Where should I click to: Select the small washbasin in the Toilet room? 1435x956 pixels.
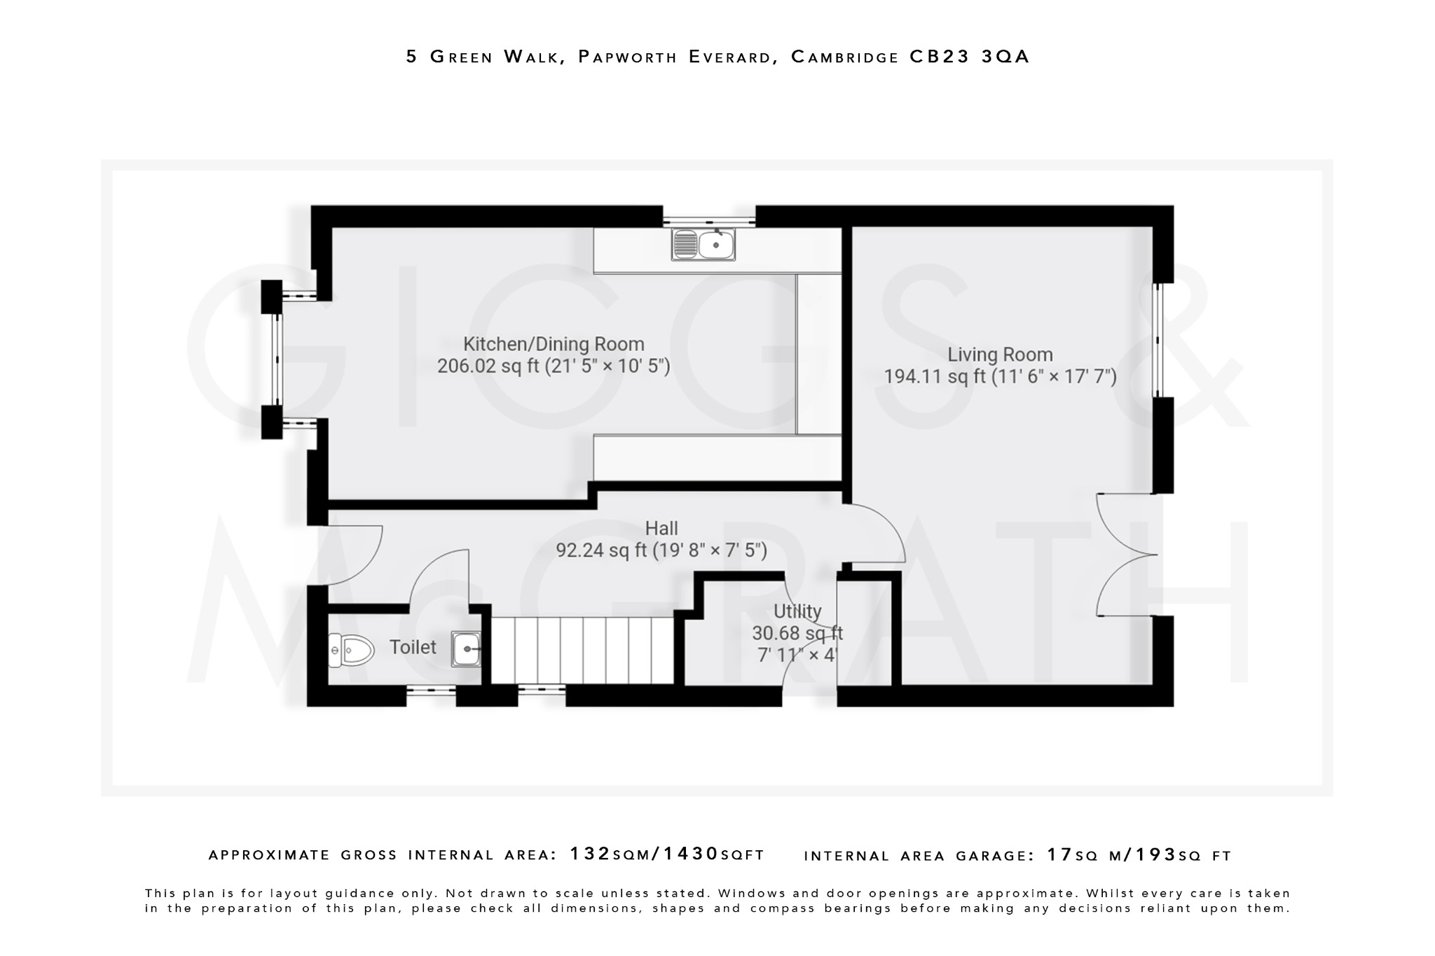click(466, 649)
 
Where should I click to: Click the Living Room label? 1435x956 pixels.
click(1000, 354)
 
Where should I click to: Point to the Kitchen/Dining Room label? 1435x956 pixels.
click(554, 344)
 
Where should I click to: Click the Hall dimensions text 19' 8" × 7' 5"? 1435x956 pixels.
click(710, 550)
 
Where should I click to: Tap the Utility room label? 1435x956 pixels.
click(797, 611)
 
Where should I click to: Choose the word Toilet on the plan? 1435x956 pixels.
click(413, 647)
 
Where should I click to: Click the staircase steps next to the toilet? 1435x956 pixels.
click(582, 650)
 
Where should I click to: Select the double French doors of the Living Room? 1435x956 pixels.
click(1125, 555)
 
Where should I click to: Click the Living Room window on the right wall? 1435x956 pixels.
click(1158, 340)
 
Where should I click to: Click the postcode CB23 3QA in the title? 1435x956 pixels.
click(970, 57)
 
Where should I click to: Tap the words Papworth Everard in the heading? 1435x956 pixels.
click(676, 57)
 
